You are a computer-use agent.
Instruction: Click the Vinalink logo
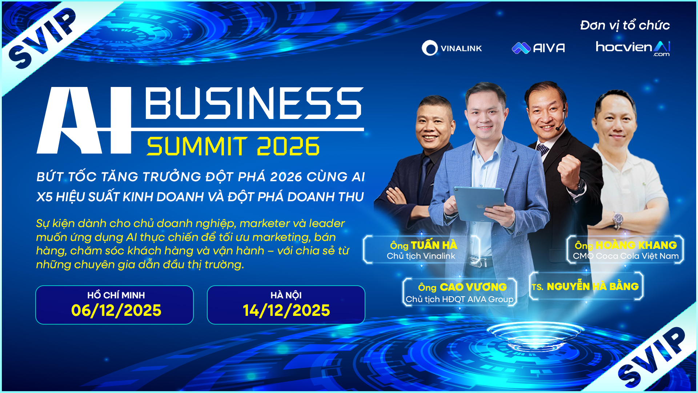pos(452,48)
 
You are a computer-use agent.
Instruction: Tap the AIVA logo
pos(538,48)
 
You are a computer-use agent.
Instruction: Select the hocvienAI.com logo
pos(633,48)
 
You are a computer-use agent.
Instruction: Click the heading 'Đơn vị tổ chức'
pos(625,25)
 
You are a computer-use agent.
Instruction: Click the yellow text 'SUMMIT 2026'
pos(233,146)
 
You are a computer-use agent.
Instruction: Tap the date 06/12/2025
pos(116,310)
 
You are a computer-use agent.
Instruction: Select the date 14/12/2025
pos(286,310)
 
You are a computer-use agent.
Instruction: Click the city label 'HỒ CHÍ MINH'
pos(116,295)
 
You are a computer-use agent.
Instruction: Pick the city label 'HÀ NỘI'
pos(286,295)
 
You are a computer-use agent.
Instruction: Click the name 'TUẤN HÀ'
pos(434,245)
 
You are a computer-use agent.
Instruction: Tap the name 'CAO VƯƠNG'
pos(473,287)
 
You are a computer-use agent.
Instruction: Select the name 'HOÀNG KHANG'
pos(636,245)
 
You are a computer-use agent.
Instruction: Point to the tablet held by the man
pos(479,204)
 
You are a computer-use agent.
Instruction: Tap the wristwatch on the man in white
pos(617,220)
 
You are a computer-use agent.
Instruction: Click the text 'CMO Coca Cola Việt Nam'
pos(626,256)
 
